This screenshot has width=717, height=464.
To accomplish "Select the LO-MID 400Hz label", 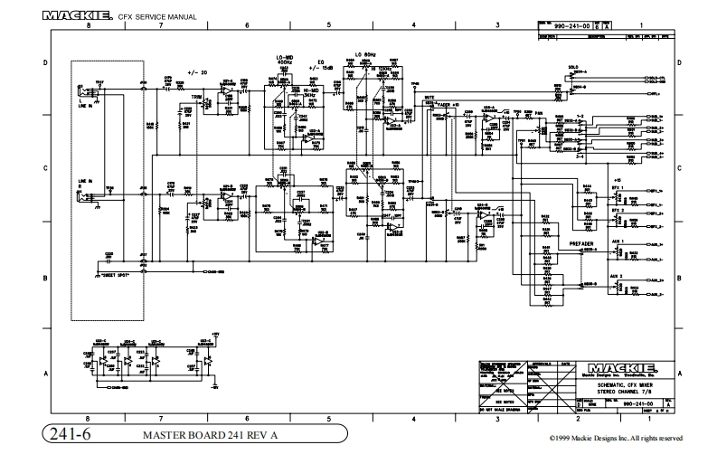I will pyautogui.click(x=286, y=62).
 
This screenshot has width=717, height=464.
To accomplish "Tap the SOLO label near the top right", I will pyautogui.click(x=573, y=67).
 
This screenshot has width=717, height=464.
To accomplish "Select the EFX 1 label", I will pyautogui.click(x=618, y=182).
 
